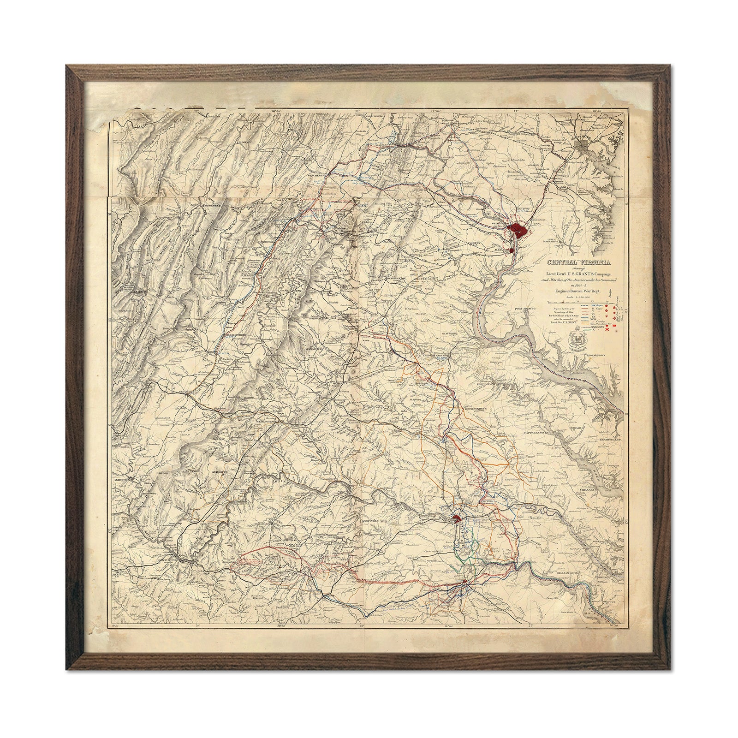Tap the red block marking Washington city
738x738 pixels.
pos(518,229)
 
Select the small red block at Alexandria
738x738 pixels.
pos(512,250)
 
